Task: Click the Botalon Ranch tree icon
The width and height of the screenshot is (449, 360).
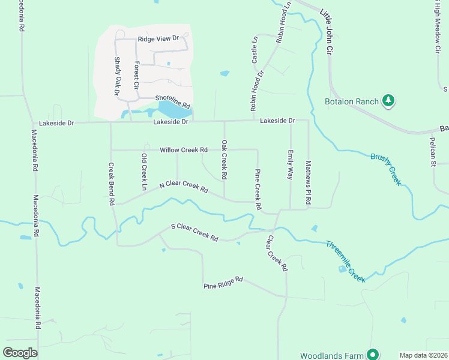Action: pos(388,101)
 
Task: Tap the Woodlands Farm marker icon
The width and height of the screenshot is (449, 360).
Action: pos(373,355)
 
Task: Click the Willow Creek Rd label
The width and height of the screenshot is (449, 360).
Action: pos(184,149)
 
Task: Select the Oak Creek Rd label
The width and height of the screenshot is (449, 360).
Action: pos(224,160)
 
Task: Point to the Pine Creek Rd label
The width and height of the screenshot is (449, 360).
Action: pos(258,188)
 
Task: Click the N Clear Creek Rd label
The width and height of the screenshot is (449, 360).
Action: pos(183,187)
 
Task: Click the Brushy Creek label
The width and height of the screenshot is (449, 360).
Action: pos(385,167)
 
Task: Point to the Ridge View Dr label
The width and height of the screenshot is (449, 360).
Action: pos(158,38)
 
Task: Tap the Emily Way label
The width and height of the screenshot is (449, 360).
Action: pos(291,164)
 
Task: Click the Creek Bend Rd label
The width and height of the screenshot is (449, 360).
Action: pos(111,184)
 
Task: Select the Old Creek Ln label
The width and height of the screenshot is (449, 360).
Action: pos(144,172)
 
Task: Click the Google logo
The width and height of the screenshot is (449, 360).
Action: pos(20,353)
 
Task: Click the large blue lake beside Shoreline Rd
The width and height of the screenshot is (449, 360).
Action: pos(174,110)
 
